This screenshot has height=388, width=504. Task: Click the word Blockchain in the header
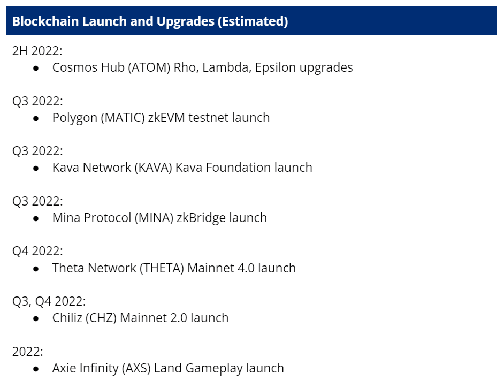point(45,21)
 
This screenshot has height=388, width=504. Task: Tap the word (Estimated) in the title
point(253,21)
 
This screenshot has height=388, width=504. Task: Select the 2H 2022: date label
point(37,51)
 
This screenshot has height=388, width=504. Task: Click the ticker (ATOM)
point(149,67)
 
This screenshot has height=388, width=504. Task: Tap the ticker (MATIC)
point(123,118)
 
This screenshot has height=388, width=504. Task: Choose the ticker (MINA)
point(154,218)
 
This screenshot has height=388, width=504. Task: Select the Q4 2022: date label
point(37,251)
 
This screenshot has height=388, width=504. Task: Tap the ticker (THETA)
point(162,268)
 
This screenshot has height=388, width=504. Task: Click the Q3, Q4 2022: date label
point(49,301)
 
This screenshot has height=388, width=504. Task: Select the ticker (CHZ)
point(101,318)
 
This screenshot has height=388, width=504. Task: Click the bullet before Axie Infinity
point(36,369)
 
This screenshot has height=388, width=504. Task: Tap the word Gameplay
point(214,368)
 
